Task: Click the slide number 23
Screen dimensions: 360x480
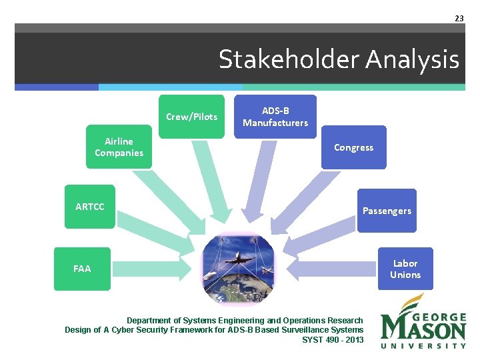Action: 459,19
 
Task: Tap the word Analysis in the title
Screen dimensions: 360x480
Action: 411,60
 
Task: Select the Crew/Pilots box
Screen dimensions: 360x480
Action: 191,117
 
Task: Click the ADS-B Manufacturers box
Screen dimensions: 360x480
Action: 275,117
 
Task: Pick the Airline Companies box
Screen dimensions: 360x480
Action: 119,147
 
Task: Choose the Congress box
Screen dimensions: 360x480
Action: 353,147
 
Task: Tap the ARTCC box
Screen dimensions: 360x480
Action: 90,207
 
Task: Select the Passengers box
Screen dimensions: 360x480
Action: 387,211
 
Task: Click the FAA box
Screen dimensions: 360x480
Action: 82,269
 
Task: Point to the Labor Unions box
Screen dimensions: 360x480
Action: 405,269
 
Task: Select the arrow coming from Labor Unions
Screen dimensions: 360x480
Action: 333,268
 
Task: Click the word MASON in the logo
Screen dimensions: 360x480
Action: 423,329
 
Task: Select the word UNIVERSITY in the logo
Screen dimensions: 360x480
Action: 423,345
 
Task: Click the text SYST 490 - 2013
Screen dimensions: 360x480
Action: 333,339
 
